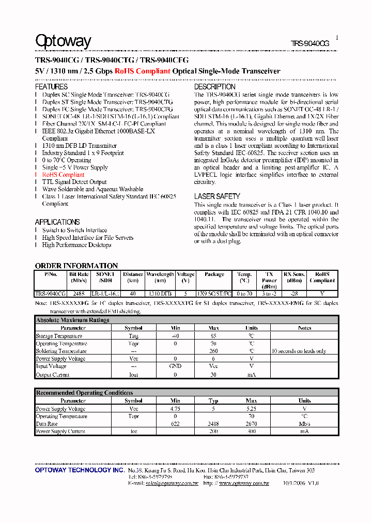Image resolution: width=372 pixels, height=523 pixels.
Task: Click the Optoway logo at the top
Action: tap(63, 41)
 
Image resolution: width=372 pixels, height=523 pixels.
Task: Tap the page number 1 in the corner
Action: tap(337, 38)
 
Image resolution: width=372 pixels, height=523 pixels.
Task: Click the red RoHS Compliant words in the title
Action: tap(143, 71)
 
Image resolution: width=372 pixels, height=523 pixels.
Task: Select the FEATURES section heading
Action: tap(51, 87)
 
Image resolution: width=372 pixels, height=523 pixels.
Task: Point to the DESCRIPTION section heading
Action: tap(214, 87)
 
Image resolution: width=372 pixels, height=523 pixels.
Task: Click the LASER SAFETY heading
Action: tap(217, 196)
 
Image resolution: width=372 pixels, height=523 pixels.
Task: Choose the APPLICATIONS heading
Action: tap(57, 222)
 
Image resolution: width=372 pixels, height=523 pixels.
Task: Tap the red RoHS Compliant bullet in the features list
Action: tap(63, 175)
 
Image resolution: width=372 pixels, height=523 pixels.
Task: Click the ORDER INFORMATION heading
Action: tap(76, 266)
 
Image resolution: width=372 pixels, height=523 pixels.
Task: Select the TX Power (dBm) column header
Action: tap(269, 280)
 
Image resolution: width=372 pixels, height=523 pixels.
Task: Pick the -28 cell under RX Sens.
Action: tap(294, 294)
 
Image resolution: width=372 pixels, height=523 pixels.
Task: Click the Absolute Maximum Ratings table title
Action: tap(72, 320)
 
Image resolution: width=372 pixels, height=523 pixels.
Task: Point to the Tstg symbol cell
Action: tap(133, 336)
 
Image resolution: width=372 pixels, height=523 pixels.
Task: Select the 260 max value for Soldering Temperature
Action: tap(213, 351)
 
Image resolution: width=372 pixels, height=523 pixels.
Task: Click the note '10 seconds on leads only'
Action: tap(299, 351)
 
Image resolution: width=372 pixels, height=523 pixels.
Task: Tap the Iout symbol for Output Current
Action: tap(133, 375)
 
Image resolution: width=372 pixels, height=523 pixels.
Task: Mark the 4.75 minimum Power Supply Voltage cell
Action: tap(175, 409)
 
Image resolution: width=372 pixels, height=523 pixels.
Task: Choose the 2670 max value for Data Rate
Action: tap(251, 423)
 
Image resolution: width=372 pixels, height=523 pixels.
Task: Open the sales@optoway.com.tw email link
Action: tap(172, 483)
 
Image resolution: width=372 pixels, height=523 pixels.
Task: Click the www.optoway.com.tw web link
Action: tap(244, 483)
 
